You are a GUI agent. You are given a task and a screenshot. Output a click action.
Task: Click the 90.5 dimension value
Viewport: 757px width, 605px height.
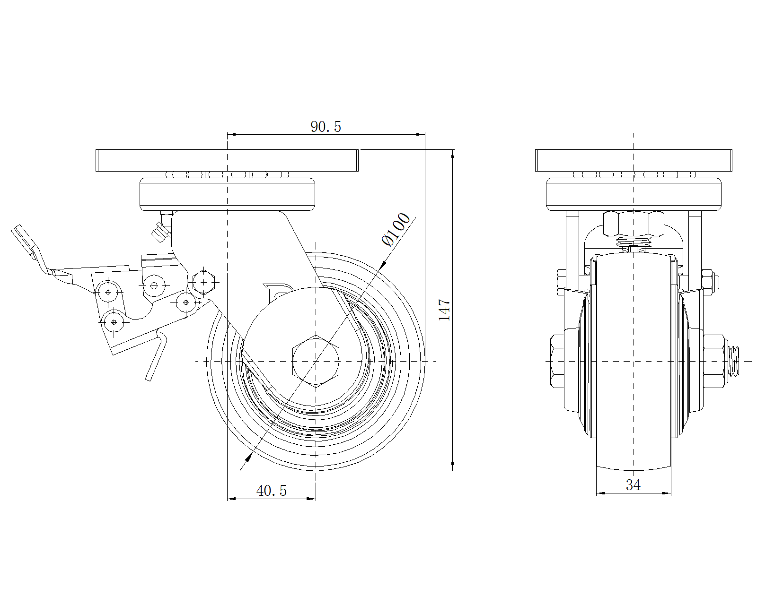(326, 127)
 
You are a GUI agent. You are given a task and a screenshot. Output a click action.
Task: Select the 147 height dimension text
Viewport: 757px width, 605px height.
(444, 310)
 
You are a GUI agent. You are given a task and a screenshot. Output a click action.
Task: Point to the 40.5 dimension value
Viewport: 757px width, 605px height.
(272, 491)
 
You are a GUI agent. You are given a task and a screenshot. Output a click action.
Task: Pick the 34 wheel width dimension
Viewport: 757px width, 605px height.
(633, 485)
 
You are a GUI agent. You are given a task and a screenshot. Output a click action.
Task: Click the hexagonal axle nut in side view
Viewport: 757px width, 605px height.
(316, 361)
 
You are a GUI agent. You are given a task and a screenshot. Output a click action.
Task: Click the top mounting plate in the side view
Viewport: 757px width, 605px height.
(227, 160)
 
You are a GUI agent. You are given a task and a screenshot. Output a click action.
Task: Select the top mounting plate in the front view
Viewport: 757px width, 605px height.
(634, 160)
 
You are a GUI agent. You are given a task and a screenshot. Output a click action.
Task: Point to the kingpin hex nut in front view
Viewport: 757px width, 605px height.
(634, 224)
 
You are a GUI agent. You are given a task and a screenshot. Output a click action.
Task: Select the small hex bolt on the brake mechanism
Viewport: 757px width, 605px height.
(204, 282)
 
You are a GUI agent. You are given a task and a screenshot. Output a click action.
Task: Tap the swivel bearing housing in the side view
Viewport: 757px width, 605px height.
(227, 194)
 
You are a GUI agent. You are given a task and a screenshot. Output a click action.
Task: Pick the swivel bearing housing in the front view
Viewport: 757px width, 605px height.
(634, 194)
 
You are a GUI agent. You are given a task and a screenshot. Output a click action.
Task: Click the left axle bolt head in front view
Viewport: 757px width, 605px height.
(557, 361)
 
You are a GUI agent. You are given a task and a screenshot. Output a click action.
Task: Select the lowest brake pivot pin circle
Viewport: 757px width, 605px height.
(114, 322)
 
